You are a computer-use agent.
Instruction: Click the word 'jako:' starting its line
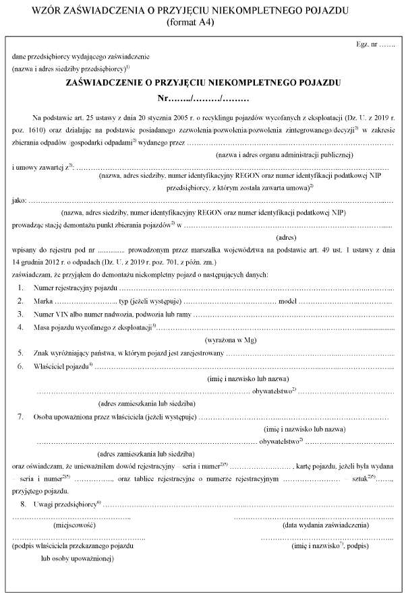[20, 201]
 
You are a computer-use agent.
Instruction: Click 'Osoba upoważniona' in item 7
[61, 418]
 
